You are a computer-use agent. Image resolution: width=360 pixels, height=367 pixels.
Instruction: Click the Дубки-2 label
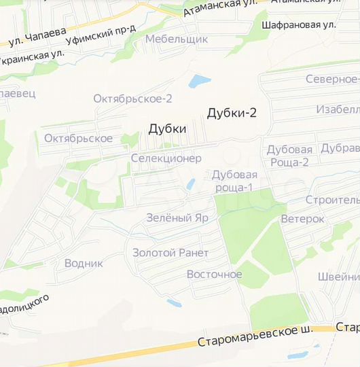pyautogui.click(x=232, y=113)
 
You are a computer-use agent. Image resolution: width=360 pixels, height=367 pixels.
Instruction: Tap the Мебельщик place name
pyautogui.click(x=176, y=39)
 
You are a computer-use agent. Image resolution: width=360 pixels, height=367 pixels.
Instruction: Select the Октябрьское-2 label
pyautogui.click(x=132, y=99)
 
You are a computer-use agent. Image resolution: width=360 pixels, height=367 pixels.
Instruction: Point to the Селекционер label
pyautogui.click(x=166, y=158)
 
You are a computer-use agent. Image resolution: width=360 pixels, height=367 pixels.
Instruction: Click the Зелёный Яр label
pyautogui.click(x=177, y=218)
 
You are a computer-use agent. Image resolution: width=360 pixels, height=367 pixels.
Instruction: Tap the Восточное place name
pyautogui.click(x=214, y=275)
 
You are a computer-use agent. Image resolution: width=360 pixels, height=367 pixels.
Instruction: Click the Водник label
pyautogui.click(x=84, y=263)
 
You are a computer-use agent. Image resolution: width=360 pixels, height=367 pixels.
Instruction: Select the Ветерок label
pyautogui.click(x=302, y=219)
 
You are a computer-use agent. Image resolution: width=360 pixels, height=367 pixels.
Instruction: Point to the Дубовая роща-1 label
pyautogui.click(x=234, y=181)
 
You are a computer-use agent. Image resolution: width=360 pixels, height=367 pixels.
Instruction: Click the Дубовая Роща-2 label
pyautogui.click(x=289, y=156)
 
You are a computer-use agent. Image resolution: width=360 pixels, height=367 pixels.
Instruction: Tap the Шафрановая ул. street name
pyautogui.click(x=298, y=24)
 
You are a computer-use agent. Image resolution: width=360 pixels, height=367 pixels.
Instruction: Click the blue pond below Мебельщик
pyautogui.click(x=200, y=82)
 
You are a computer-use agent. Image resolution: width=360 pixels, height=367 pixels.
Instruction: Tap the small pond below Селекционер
pyautogui.click(x=192, y=183)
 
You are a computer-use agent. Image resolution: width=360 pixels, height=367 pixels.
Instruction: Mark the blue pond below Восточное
pyautogui.click(x=175, y=302)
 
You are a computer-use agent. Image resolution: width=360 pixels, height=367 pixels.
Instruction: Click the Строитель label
pyautogui.click(x=332, y=200)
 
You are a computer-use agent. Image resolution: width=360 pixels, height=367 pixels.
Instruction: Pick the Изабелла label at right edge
pyautogui.click(x=338, y=110)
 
